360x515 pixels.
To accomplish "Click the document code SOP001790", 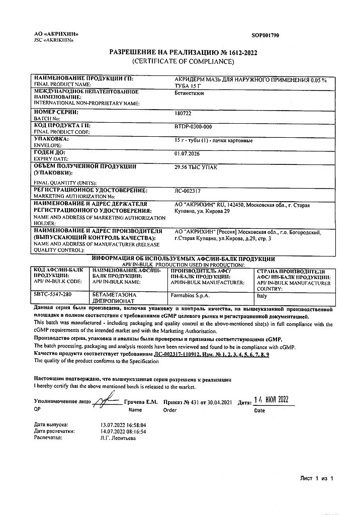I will tap(265, 36).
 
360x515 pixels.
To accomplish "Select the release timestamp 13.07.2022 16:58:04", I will tap(123, 425).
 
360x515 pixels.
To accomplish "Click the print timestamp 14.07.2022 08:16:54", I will tap(123, 432).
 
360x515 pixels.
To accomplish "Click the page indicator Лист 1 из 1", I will tap(317, 477).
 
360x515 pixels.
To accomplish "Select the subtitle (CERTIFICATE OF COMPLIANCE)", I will tap(184, 61).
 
